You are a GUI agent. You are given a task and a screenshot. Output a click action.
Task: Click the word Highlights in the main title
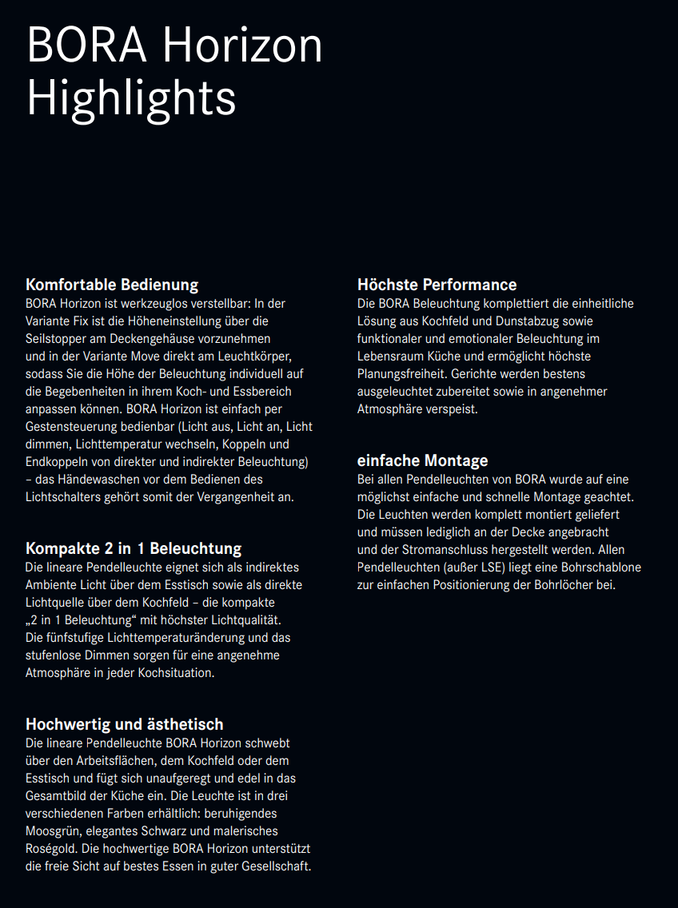tap(131, 99)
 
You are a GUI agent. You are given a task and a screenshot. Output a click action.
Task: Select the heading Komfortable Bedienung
tap(112, 285)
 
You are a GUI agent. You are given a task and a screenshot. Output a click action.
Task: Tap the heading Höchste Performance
tap(437, 285)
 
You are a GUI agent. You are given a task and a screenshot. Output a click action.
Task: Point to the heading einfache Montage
tap(422, 460)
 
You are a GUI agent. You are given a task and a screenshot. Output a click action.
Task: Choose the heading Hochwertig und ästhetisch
tap(125, 724)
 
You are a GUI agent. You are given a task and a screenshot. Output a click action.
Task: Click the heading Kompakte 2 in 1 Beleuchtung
tap(134, 548)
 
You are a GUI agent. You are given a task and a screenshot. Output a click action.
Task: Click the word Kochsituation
tap(177, 673)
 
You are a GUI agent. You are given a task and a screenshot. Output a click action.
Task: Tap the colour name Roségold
tap(52, 849)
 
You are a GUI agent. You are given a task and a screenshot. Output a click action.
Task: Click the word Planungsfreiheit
tap(402, 374)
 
